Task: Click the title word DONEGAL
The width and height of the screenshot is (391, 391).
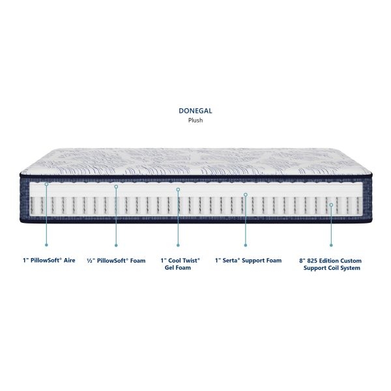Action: click(x=195, y=111)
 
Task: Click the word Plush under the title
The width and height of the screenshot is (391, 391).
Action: click(x=195, y=121)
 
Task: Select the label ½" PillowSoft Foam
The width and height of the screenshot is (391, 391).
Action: click(x=116, y=260)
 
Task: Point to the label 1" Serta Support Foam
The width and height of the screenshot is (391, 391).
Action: click(x=248, y=260)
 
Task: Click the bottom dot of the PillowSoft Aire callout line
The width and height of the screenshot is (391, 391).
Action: click(x=46, y=245)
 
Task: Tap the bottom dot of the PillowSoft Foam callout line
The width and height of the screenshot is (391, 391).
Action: click(x=116, y=245)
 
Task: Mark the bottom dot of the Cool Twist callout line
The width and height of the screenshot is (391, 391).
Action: click(x=178, y=245)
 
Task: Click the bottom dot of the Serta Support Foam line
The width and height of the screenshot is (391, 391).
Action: click(x=246, y=245)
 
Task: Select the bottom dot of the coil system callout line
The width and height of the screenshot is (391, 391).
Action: click(x=332, y=245)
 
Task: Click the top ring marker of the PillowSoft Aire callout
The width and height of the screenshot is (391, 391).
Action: click(x=46, y=184)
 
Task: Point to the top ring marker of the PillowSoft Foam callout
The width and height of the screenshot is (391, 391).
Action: click(x=116, y=187)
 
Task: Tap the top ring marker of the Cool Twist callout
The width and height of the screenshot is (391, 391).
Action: click(x=178, y=190)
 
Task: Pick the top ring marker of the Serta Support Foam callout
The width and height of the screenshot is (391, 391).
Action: click(x=246, y=194)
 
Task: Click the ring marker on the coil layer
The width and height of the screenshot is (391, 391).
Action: click(x=332, y=205)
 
